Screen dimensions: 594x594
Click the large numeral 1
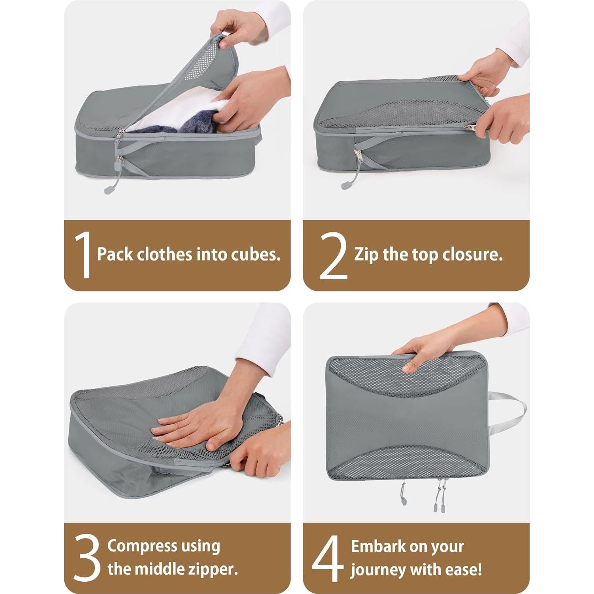point(84,255)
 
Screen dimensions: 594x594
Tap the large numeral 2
point(333,255)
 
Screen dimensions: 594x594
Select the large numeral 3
point(87,558)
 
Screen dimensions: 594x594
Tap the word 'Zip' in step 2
point(366,255)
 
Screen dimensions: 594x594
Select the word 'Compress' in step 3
point(142,546)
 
